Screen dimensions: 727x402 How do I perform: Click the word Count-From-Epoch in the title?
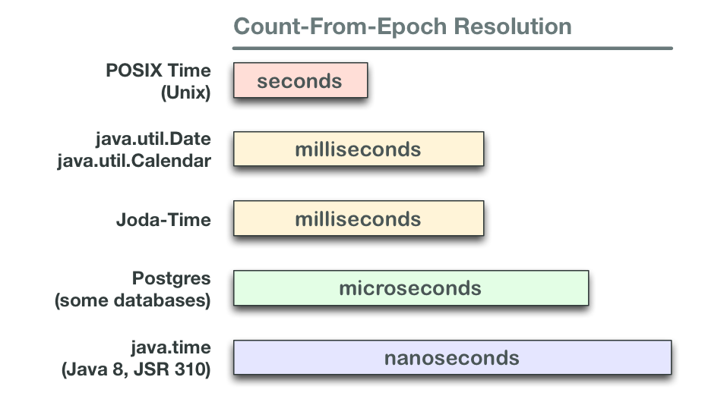(340, 27)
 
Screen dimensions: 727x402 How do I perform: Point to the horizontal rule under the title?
(453, 48)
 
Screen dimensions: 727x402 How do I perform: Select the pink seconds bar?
(300, 80)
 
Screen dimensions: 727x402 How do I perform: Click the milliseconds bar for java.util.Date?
(359, 149)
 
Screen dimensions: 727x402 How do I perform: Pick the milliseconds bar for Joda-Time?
(359, 218)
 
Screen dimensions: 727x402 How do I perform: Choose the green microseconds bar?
(411, 288)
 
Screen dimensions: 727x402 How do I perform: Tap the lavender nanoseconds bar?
(452, 357)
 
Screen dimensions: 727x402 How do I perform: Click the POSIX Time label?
(158, 71)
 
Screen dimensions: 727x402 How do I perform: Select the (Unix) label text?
(185, 93)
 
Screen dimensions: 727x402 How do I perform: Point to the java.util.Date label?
(153, 139)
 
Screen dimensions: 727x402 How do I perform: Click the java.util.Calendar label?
(134, 161)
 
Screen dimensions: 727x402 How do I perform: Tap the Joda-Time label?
(163, 219)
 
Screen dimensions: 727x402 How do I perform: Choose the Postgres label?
(171, 279)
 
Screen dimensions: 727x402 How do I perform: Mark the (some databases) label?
(133, 300)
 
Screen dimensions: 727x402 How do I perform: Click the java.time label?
(171, 347)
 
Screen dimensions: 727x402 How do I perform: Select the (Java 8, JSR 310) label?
(136, 369)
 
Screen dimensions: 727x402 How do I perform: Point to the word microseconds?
(410, 288)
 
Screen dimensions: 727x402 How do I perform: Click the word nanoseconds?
(451, 358)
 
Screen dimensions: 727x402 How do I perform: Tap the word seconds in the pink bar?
(299, 81)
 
